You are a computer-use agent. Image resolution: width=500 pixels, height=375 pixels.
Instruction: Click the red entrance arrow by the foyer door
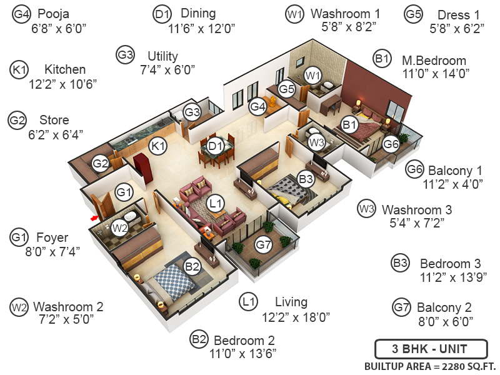tap(94, 218)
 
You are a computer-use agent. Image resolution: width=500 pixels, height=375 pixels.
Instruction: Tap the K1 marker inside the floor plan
tap(158, 146)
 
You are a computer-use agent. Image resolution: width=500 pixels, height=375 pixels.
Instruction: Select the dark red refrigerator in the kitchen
tap(143, 167)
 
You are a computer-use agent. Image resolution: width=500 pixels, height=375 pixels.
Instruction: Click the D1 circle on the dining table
tap(216, 146)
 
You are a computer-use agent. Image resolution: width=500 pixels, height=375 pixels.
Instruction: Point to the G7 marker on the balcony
tap(264, 245)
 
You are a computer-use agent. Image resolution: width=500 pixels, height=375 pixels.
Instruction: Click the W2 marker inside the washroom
tap(120, 227)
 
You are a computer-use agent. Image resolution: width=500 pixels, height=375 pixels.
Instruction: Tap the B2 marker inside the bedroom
tap(192, 266)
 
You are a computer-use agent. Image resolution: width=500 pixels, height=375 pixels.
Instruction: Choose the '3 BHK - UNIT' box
tap(431, 349)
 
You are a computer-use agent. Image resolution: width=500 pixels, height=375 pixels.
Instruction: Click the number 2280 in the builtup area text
tap(452, 367)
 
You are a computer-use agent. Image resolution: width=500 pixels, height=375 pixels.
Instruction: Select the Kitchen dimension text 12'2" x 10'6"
tap(63, 84)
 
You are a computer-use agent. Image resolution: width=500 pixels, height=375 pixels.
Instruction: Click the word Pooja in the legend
tap(53, 14)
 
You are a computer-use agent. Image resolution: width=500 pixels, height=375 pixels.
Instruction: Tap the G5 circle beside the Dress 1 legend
tap(414, 14)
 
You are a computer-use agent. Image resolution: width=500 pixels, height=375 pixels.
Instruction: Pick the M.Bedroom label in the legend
tap(434, 60)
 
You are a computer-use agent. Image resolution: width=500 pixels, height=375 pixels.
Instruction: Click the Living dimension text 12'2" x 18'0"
tap(296, 317)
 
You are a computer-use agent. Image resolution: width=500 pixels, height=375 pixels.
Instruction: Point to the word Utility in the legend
tap(163, 56)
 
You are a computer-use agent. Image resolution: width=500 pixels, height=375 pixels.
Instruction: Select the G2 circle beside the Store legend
tap(17, 120)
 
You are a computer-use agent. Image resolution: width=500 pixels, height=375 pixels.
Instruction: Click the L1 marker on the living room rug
tap(215, 203)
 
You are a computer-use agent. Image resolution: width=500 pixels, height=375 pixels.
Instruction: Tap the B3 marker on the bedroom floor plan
tap(306, 179)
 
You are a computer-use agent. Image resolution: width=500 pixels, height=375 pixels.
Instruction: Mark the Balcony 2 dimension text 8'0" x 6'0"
tap(446, 321)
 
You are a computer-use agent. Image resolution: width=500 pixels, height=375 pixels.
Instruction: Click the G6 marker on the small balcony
tap(391, 144)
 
